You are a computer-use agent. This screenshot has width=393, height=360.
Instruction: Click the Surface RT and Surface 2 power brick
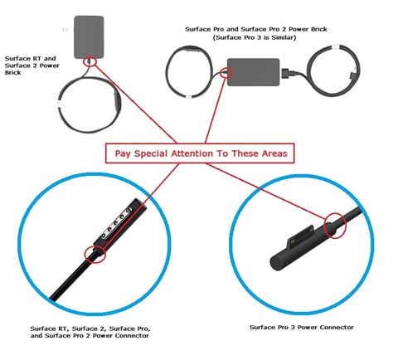click(89, 37)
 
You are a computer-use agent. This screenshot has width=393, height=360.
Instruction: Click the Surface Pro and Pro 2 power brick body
click(254, 72)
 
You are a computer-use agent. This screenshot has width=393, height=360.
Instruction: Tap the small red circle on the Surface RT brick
click(90, 61)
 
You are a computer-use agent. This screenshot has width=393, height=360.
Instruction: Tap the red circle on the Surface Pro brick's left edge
click(226, 73)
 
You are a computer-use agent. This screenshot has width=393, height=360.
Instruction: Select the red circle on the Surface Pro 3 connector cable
click(335, 226)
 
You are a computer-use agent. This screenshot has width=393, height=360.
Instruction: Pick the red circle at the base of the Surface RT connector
click(95, 254)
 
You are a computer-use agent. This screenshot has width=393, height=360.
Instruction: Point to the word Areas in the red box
click(273, 153)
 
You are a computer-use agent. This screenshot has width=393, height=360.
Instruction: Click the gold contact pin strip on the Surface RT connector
click(116, 223)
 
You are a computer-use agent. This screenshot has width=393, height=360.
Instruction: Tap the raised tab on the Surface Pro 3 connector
click(301, 236)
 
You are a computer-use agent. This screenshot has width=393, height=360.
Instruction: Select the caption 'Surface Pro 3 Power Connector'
click(302, 328)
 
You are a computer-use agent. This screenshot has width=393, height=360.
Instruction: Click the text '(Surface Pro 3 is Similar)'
click(255, 37)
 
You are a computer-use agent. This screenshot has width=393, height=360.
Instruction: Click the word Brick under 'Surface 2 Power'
click(12, 73)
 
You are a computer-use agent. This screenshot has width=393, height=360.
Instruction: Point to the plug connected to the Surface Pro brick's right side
click(288, 74)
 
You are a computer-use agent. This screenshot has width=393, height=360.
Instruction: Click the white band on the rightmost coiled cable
click(336, 47)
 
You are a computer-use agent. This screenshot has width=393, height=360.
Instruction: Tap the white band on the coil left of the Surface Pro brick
click(188, 97)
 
